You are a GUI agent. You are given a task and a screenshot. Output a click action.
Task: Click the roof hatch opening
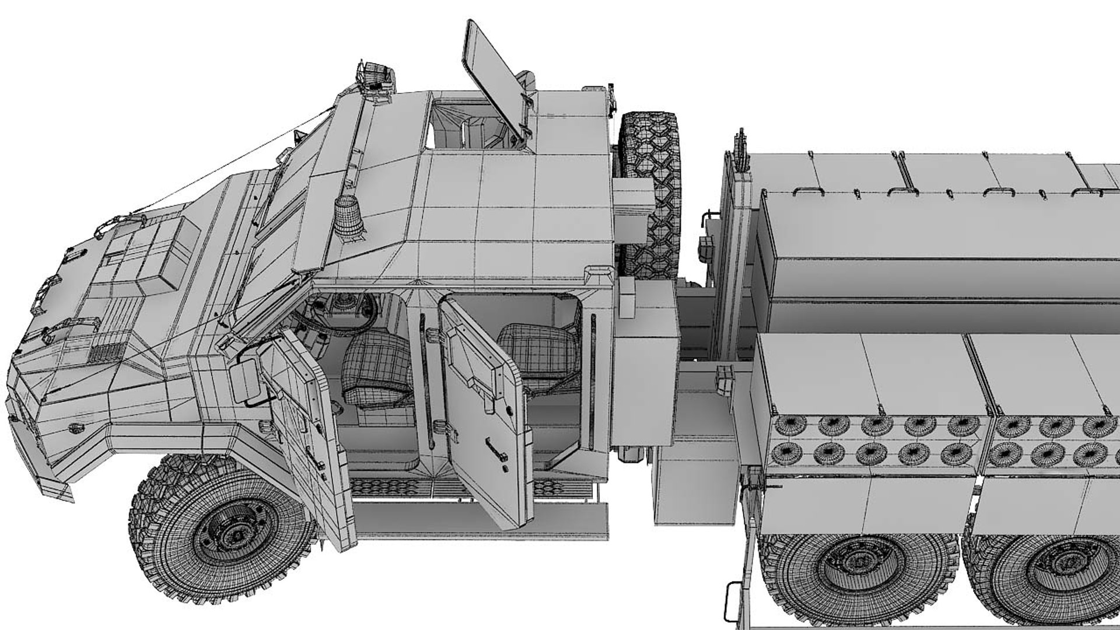467,125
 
